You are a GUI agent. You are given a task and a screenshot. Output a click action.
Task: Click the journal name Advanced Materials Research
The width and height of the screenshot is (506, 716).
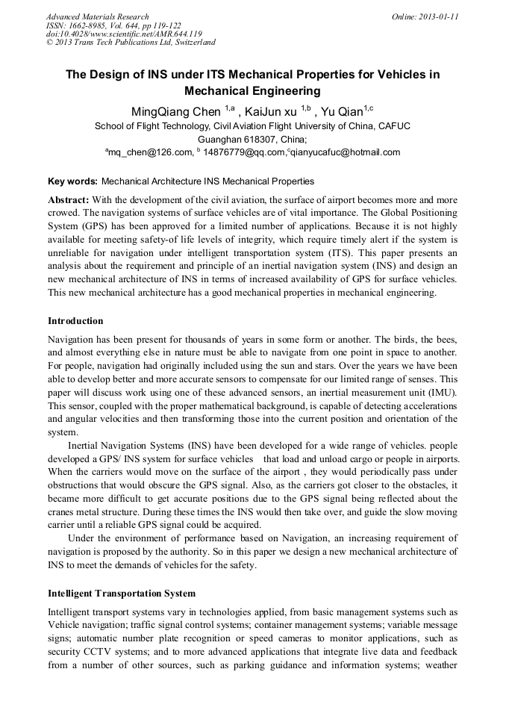(98, 16)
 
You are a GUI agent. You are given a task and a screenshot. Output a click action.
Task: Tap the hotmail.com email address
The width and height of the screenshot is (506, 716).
(344, 152)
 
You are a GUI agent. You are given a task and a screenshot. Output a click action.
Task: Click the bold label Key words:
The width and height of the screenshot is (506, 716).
(72, 181)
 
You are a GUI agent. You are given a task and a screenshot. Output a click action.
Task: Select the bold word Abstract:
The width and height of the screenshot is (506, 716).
(69, 201)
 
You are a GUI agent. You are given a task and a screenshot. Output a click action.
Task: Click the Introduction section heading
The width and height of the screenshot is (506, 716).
(75, 321)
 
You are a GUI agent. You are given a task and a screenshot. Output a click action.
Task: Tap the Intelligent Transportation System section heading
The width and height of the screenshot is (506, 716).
(122, 594)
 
